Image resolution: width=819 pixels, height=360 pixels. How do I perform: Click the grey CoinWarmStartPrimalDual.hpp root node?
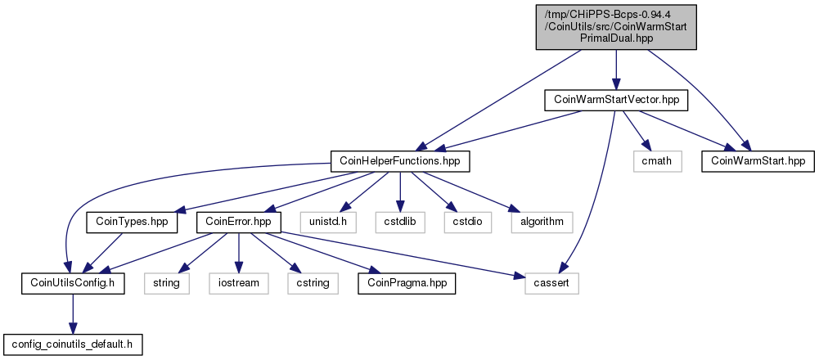point(616,27)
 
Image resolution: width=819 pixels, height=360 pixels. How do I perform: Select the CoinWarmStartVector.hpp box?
point(616,100)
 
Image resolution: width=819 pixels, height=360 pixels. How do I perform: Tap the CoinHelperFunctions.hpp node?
point(400,161)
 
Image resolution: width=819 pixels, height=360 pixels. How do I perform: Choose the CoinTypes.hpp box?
point(131,222)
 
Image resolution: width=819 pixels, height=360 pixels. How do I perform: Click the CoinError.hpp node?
point(239,222)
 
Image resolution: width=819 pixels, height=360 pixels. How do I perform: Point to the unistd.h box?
point(328,222)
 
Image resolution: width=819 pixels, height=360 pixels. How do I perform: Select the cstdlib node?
point(399,222)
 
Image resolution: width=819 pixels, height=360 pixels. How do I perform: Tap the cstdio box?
point(468,222)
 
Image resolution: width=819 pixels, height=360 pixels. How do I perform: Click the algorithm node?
point(542,222)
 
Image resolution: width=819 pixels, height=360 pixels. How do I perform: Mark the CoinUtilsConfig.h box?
point(73,283)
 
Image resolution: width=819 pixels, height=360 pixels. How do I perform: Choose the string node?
point(167,283)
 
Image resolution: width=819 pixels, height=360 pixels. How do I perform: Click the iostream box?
point(239,283)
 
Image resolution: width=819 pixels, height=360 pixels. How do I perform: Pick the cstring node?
point(313,283)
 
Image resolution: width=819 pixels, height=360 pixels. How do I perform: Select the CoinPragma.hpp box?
point(407,283)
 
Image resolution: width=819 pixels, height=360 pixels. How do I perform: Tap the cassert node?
point(552,283)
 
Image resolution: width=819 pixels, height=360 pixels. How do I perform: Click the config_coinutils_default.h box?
point(73,344)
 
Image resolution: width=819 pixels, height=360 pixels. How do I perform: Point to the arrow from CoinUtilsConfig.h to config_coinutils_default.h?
point(73,314)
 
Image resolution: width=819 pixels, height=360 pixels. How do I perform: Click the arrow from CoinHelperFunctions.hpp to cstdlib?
point(399,191)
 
